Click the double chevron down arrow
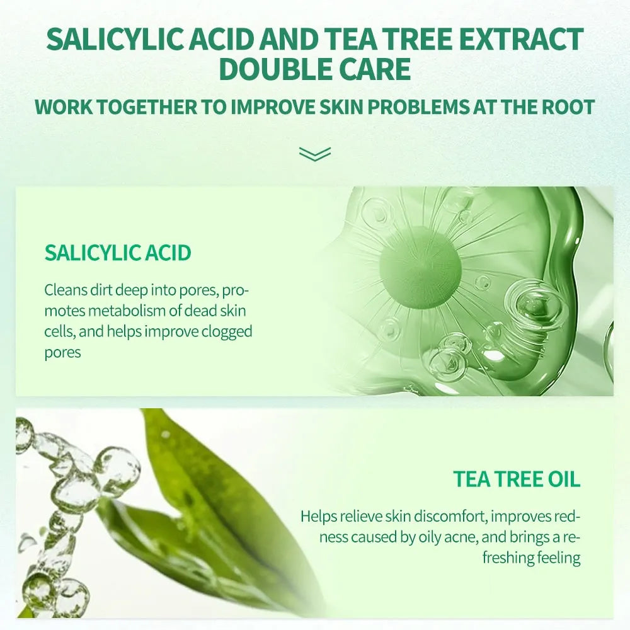tap(314, 154)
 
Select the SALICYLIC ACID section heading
tap(118, 253)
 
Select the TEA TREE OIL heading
tap(517, 479)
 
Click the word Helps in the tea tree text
tap(319, 517)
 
